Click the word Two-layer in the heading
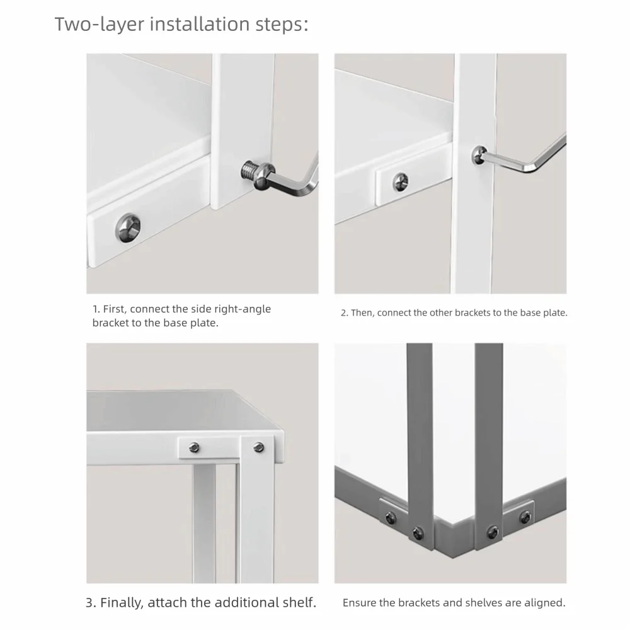click(100, 24)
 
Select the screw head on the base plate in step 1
click(128, 228)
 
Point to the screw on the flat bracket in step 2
click(400, 181)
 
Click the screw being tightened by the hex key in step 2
click(479, 156)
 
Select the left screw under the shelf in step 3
click(195, 447)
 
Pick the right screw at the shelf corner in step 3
click(259, 447)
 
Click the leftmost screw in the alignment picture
click(390, 518)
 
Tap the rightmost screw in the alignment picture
click(525, 517)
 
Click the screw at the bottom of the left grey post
click(418, 533)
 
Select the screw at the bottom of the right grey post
click(492, 532)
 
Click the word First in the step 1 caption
click(115, 309)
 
